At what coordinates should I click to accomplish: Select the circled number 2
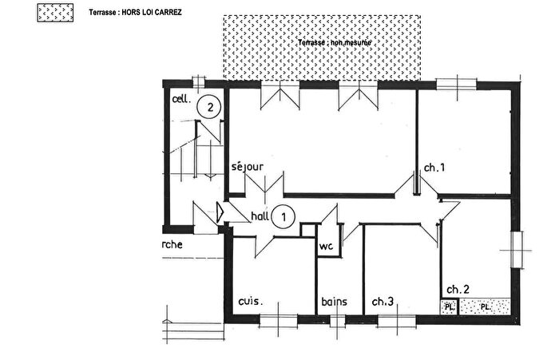(209, 106)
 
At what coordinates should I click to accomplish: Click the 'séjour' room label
(247, 167)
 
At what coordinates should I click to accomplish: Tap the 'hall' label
(260, 216)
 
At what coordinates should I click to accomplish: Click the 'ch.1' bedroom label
(434, 168)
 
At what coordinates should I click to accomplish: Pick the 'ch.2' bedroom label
(457, 288)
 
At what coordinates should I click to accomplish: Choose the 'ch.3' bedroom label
(383, 302)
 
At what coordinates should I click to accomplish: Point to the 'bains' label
(333, 302)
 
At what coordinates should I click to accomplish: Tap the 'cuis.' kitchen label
(251, 302)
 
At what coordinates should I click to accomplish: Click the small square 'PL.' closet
(450, 306)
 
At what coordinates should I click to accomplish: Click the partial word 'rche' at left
(172, 245)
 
